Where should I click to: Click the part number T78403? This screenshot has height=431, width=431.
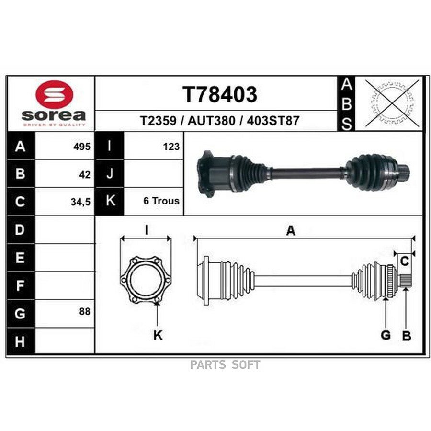point(220,94)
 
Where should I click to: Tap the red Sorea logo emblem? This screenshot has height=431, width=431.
point(55,94)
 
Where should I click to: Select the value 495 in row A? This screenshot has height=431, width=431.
point(82,147)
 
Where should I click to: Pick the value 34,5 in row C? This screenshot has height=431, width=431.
point(80,202)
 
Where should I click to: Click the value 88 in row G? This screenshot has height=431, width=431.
point(85,311)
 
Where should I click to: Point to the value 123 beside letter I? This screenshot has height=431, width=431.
point(171,147)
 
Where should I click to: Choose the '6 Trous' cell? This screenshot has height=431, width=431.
point(161,201)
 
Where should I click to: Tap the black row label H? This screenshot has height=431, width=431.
point(21,341)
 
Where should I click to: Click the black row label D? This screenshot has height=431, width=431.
point(21,229)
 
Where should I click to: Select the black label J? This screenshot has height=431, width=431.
point(109,173)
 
